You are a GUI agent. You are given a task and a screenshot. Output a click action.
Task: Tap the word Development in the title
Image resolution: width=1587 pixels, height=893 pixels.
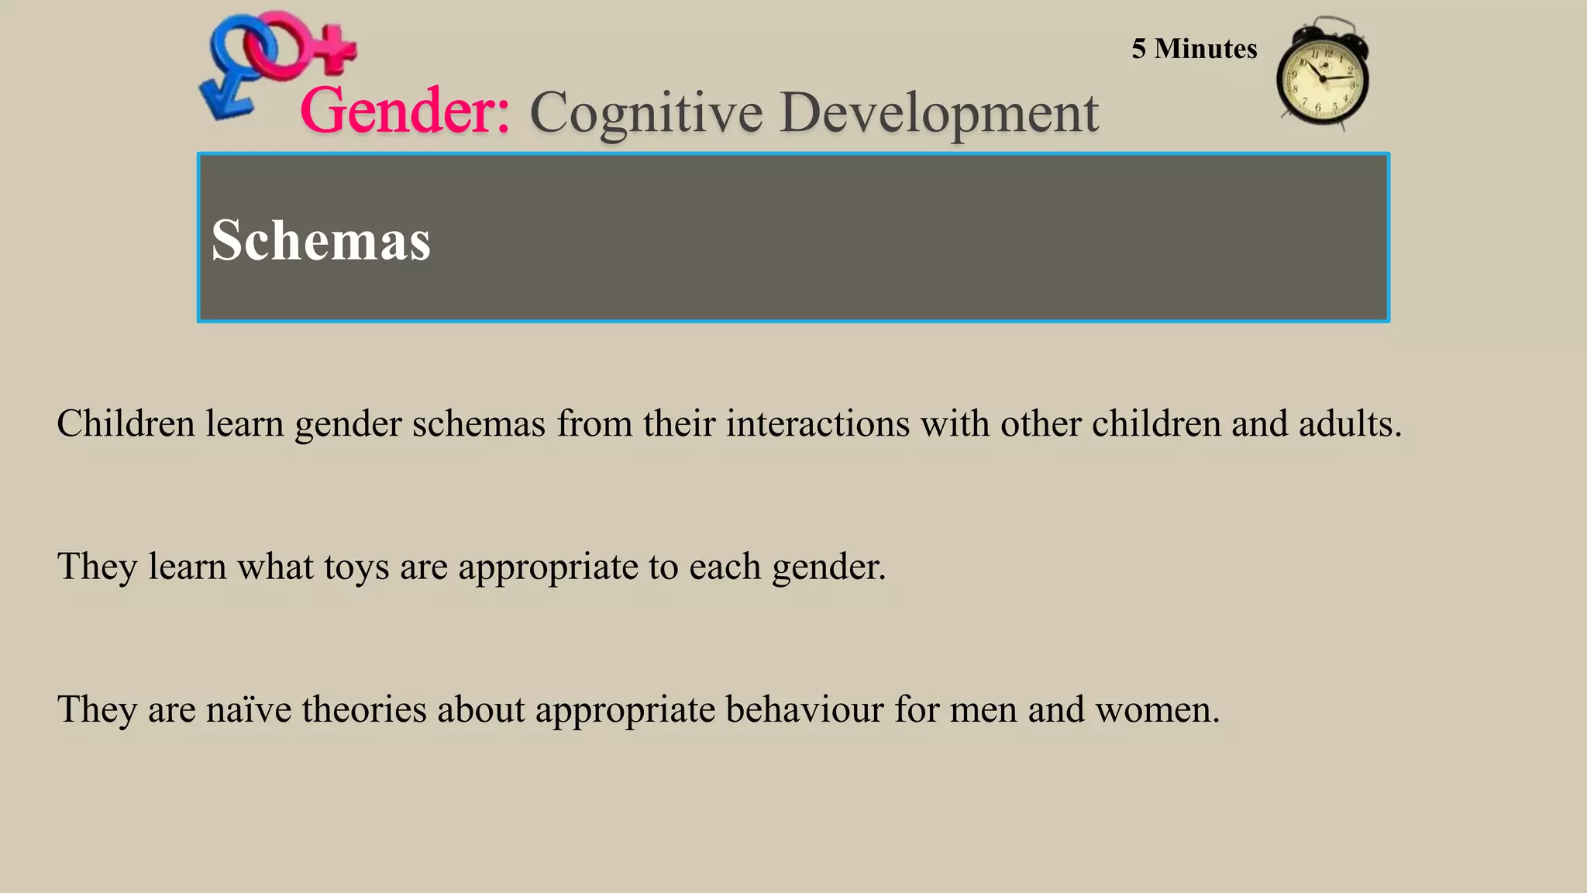click(x=938, y=113)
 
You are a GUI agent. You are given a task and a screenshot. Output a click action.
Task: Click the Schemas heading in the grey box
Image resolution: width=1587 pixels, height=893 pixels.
click(x=321, y=240)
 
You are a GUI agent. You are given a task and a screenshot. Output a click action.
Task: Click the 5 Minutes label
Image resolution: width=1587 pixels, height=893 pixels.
click(x=1193, y=49)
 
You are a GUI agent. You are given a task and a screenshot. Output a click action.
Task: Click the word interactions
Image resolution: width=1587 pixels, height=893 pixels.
click(x=817, y=423)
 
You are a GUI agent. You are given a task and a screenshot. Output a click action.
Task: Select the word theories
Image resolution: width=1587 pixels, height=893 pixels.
click(x=363, y=709)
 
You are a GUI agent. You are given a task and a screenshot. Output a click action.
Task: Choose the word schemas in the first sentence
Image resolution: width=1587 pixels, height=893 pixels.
click(x=478, y=423)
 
